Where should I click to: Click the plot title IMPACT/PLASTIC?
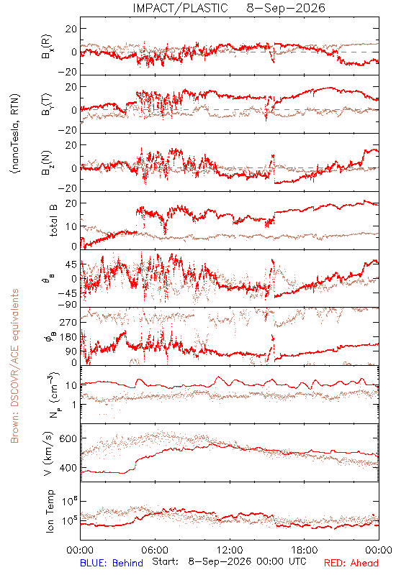pos(180,8)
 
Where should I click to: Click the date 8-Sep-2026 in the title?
pos(286,8)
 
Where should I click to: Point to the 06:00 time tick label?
pos(155,550)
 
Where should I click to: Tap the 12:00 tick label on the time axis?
pos(230,550)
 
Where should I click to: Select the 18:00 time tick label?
pos(305,550)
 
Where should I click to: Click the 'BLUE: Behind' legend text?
pos(112,563)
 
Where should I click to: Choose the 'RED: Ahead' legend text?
pos(351,563)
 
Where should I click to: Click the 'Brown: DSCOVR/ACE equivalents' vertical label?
pos(14,366)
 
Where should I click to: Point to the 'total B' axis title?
pos(53,221)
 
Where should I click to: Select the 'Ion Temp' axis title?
pos(50,511)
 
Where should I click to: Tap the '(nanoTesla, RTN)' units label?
pos(15,134)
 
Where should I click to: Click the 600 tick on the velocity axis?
pos(68,438)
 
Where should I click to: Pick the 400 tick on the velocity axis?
pos(68,468)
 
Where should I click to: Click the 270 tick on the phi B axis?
pos(68,322)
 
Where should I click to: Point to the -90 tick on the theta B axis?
pos(67,305)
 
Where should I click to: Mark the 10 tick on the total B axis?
pos(71,226)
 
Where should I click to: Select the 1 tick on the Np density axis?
pos(74,405)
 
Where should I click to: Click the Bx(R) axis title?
pos(47,46)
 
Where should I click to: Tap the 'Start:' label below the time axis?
pos(166,562)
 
